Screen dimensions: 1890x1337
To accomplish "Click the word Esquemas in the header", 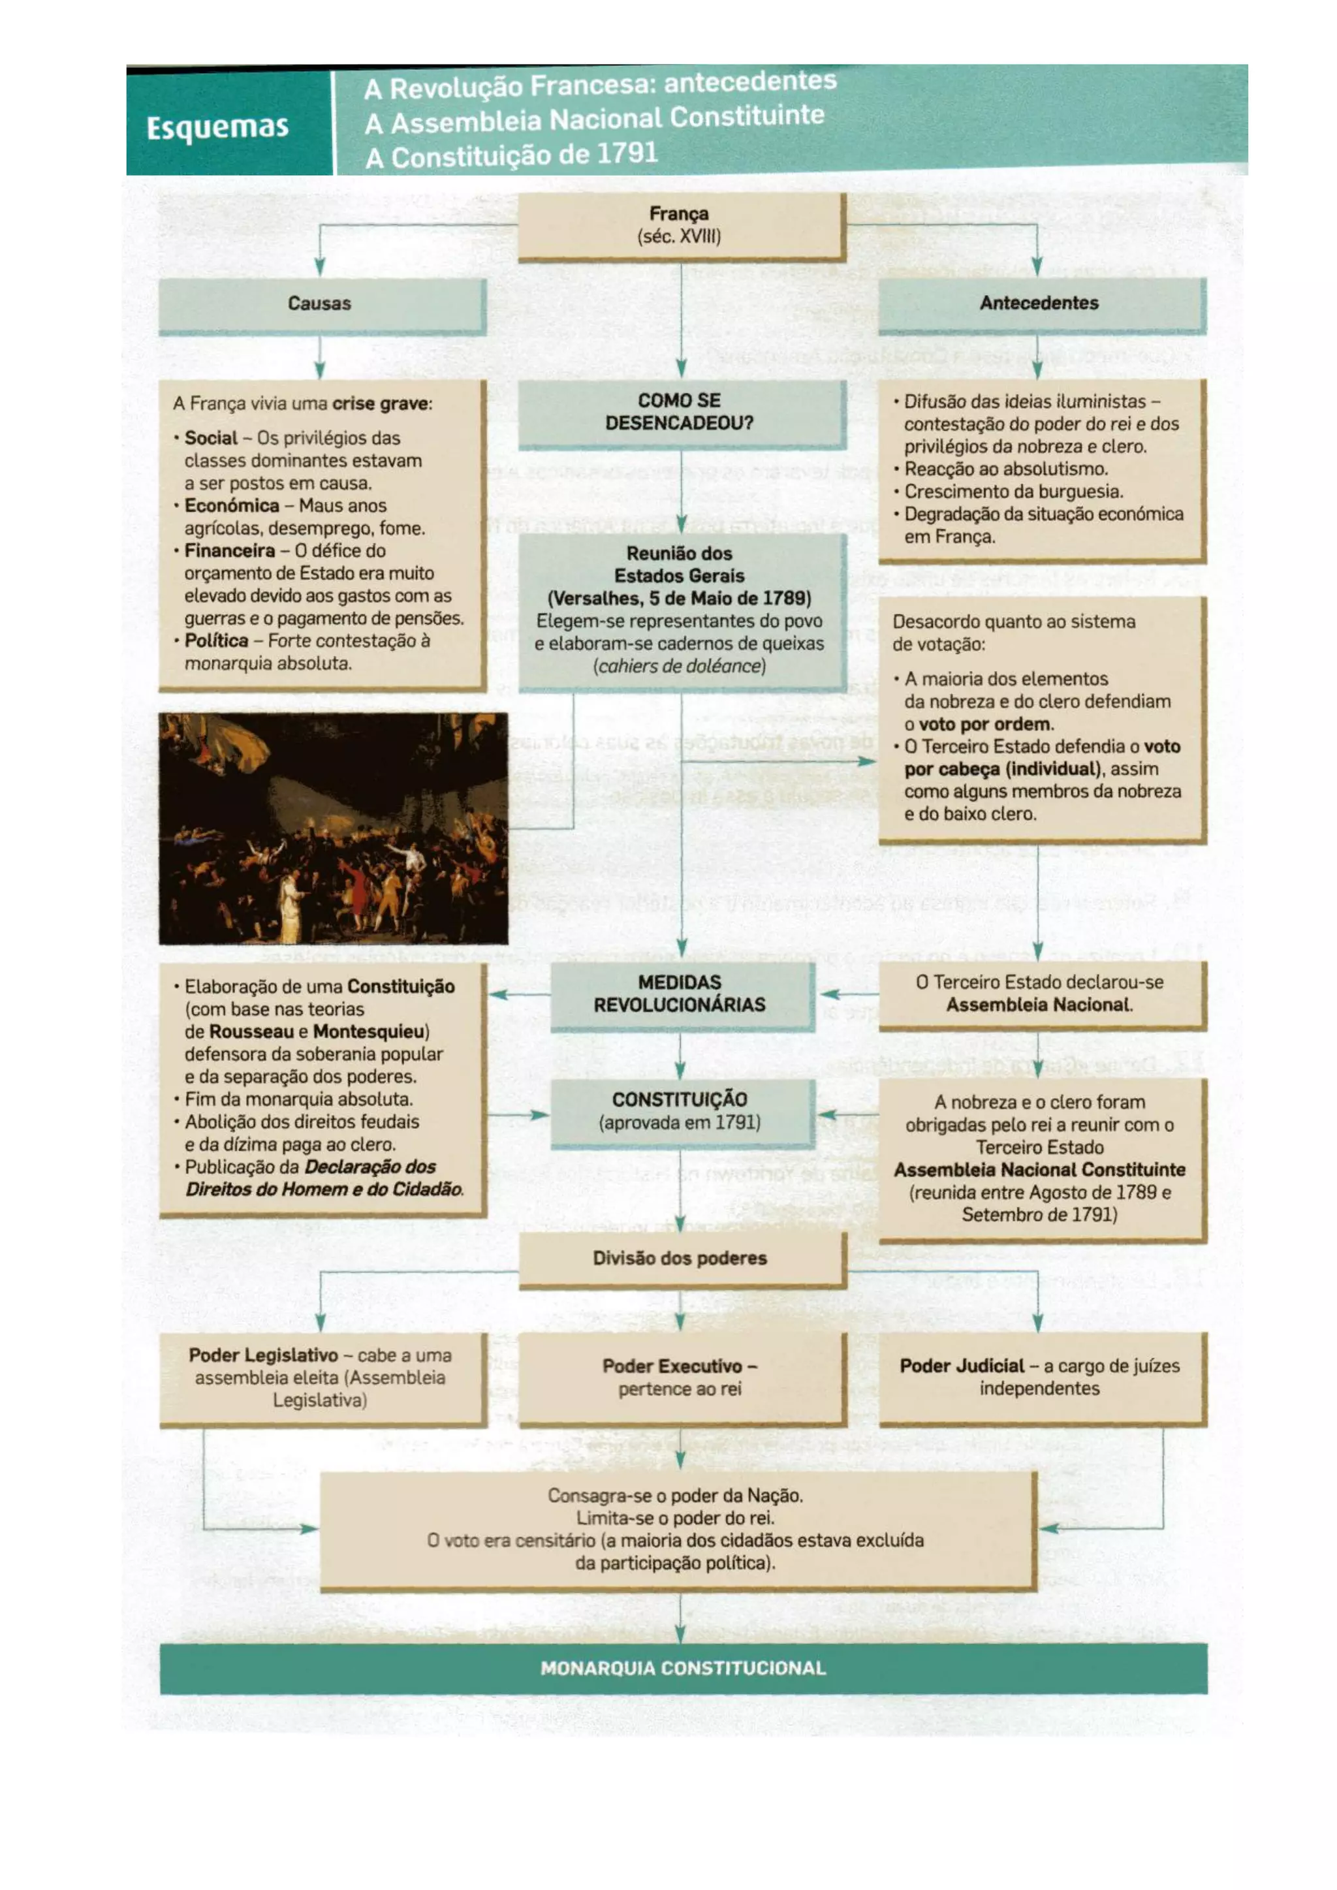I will point(217,127).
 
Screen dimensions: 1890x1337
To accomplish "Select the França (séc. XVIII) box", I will point(680,225).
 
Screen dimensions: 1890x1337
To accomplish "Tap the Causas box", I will point(321,304).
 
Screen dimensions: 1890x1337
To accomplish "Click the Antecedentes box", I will point(1039,303).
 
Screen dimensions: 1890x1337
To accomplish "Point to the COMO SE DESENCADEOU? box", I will point(680,411).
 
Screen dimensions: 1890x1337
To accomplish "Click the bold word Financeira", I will point(230,551).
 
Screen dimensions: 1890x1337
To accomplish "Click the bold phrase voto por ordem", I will point(984,725).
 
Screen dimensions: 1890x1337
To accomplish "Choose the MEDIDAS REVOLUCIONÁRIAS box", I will point(680,994).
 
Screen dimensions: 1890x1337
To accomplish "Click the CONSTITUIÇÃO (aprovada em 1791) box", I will point(680,1111).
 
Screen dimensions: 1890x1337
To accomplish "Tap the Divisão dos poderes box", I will point(680,1258).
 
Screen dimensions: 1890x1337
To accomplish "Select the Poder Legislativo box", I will point(321,1377).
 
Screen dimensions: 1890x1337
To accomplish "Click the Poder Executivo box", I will point(680,1377).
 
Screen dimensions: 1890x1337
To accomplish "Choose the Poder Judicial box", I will point(1039,1377).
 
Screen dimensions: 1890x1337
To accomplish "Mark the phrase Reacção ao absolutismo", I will point(1006,469).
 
